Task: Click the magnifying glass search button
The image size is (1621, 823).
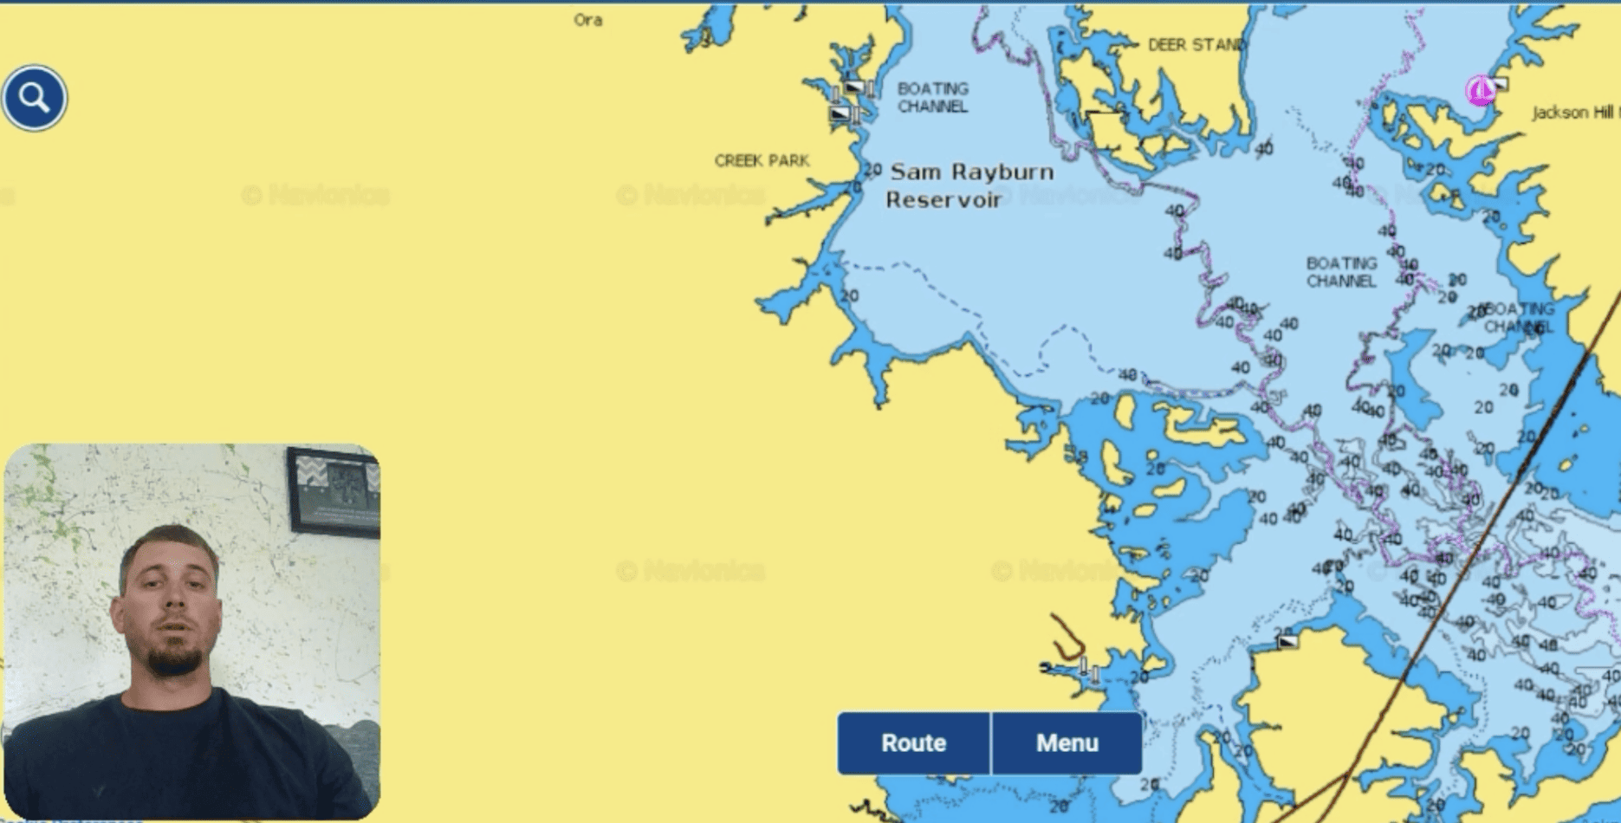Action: (34, 98)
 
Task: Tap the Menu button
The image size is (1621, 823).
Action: (1067, 742)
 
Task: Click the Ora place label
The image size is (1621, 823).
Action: (587, 20)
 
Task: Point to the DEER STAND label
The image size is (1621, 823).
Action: (1196, 45)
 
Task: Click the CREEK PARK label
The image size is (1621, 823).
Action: (762, 160)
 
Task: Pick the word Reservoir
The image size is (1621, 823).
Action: (943, 200)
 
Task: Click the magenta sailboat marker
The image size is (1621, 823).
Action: (1479, 90)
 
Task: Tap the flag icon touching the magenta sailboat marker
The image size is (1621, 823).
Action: (1499, 84)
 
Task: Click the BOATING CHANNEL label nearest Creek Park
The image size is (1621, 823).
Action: (932, 97)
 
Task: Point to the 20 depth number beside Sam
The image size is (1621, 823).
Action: (872, 170)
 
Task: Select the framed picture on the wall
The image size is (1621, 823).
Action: (334, 489)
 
